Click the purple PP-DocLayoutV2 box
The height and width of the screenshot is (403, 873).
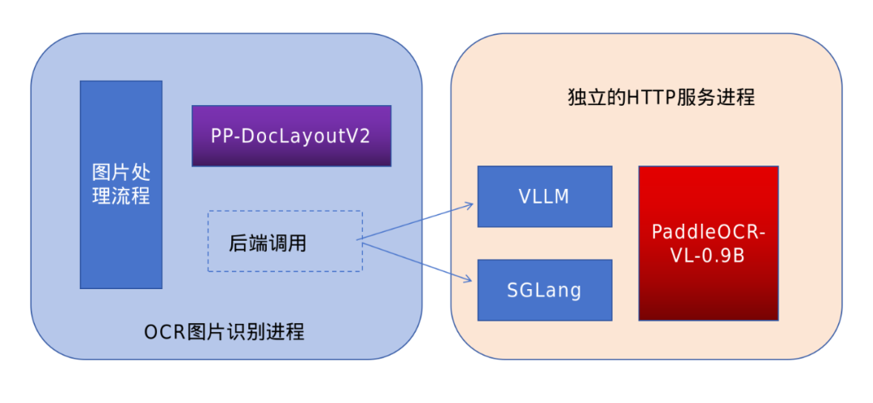[x=291, y=136]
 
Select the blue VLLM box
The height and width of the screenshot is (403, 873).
[x=544, y=196]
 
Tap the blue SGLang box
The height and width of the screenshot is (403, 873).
[x=544, y=290]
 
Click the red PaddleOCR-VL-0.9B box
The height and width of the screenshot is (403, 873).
[x=708, y=243]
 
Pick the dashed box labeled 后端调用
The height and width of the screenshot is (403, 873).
[x=285, y=241]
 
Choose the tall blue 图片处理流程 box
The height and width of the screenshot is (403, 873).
[x=121, y=184]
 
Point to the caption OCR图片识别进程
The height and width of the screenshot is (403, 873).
[x=224, y=332]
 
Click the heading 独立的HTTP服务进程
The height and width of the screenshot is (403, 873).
[x=661, y=98]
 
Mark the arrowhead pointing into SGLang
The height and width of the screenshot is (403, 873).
[x=468, y=279]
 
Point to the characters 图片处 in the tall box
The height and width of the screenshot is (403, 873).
[x=121, y=173]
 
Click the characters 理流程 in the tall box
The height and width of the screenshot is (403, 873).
[x=121, y=196]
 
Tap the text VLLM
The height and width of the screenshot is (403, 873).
[x=544, y=196]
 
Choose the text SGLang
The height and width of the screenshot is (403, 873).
[x=544, y=290]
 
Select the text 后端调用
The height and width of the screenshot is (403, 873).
[x=268, y=242]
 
